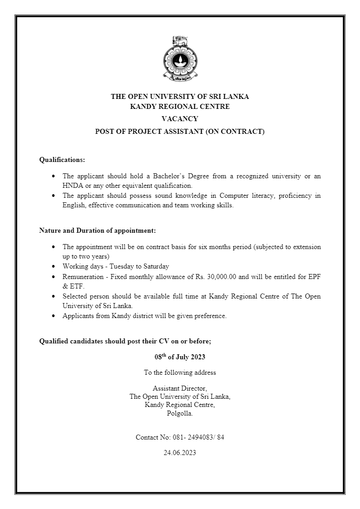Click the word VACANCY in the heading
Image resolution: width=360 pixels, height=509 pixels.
click(x=180, y=119)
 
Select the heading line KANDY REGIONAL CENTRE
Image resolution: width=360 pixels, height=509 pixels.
click(x=180, y=107)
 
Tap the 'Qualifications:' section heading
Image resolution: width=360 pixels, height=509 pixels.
click(x=62, y=160)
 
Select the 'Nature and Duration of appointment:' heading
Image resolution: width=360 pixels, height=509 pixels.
click(x=97, y=230)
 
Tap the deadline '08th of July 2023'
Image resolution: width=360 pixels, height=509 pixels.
click(x=180, y=357)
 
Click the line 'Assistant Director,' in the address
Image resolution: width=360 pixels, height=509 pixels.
click(x=180, y=388)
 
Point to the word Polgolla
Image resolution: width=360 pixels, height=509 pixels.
click(x=180, y=413)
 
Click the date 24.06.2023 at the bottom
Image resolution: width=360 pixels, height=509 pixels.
click(x=180, y=453)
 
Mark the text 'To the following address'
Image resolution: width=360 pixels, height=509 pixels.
click(x=180, y=372)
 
